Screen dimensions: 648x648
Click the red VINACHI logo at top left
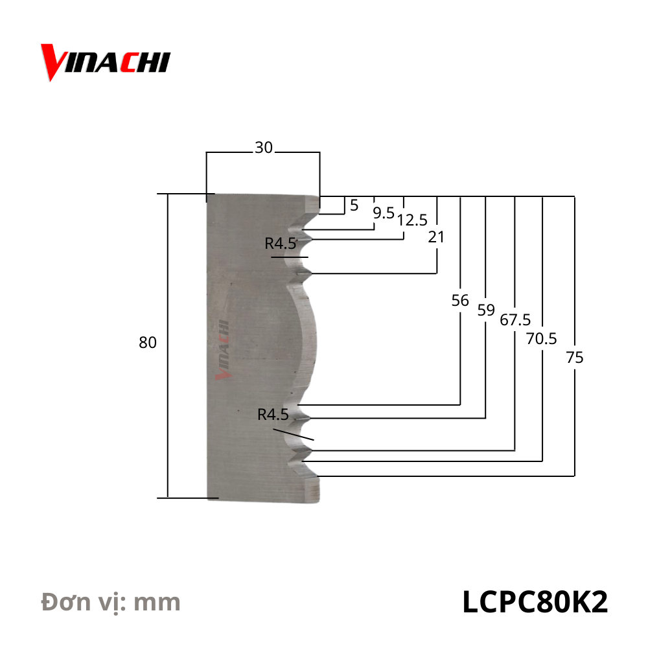105,62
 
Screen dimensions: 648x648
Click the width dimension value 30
263,148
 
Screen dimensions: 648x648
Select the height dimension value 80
148,343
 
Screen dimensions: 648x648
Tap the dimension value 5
354,206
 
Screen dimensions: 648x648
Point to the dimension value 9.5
383,213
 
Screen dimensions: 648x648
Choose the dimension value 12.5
412,220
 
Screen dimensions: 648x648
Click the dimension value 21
436,237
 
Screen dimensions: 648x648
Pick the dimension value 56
460,301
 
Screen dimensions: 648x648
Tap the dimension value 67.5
515,320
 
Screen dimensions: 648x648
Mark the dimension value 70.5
542,338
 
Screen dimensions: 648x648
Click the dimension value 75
574,357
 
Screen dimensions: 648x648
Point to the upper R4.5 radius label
281,244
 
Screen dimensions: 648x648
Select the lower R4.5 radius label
273,415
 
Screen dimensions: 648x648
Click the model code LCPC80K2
535,602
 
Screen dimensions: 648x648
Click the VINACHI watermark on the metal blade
224,351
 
